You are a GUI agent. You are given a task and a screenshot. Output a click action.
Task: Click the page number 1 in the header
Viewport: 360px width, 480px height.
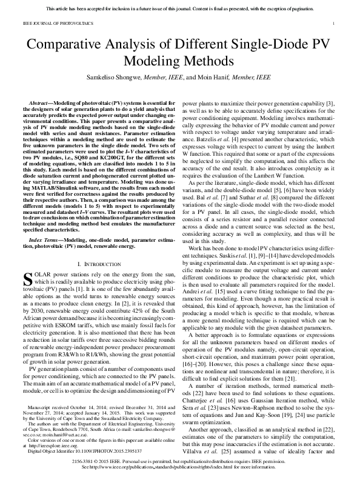click(x=334, y=23)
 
